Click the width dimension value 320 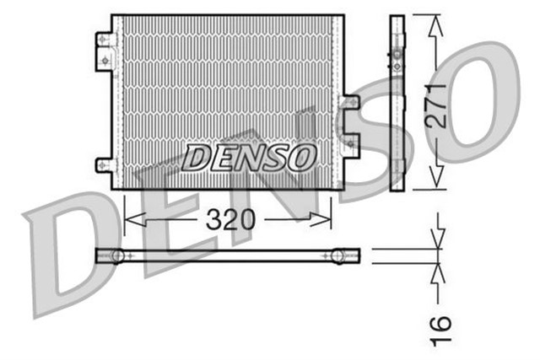(229, 220)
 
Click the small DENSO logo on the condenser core (250, 157)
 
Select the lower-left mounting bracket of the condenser (105, 165)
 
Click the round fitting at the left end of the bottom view (117, 255)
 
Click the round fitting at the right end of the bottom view (338, 254)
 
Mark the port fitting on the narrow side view (397, 58)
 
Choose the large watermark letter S (371, 143)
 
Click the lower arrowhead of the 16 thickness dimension (437, 271)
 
